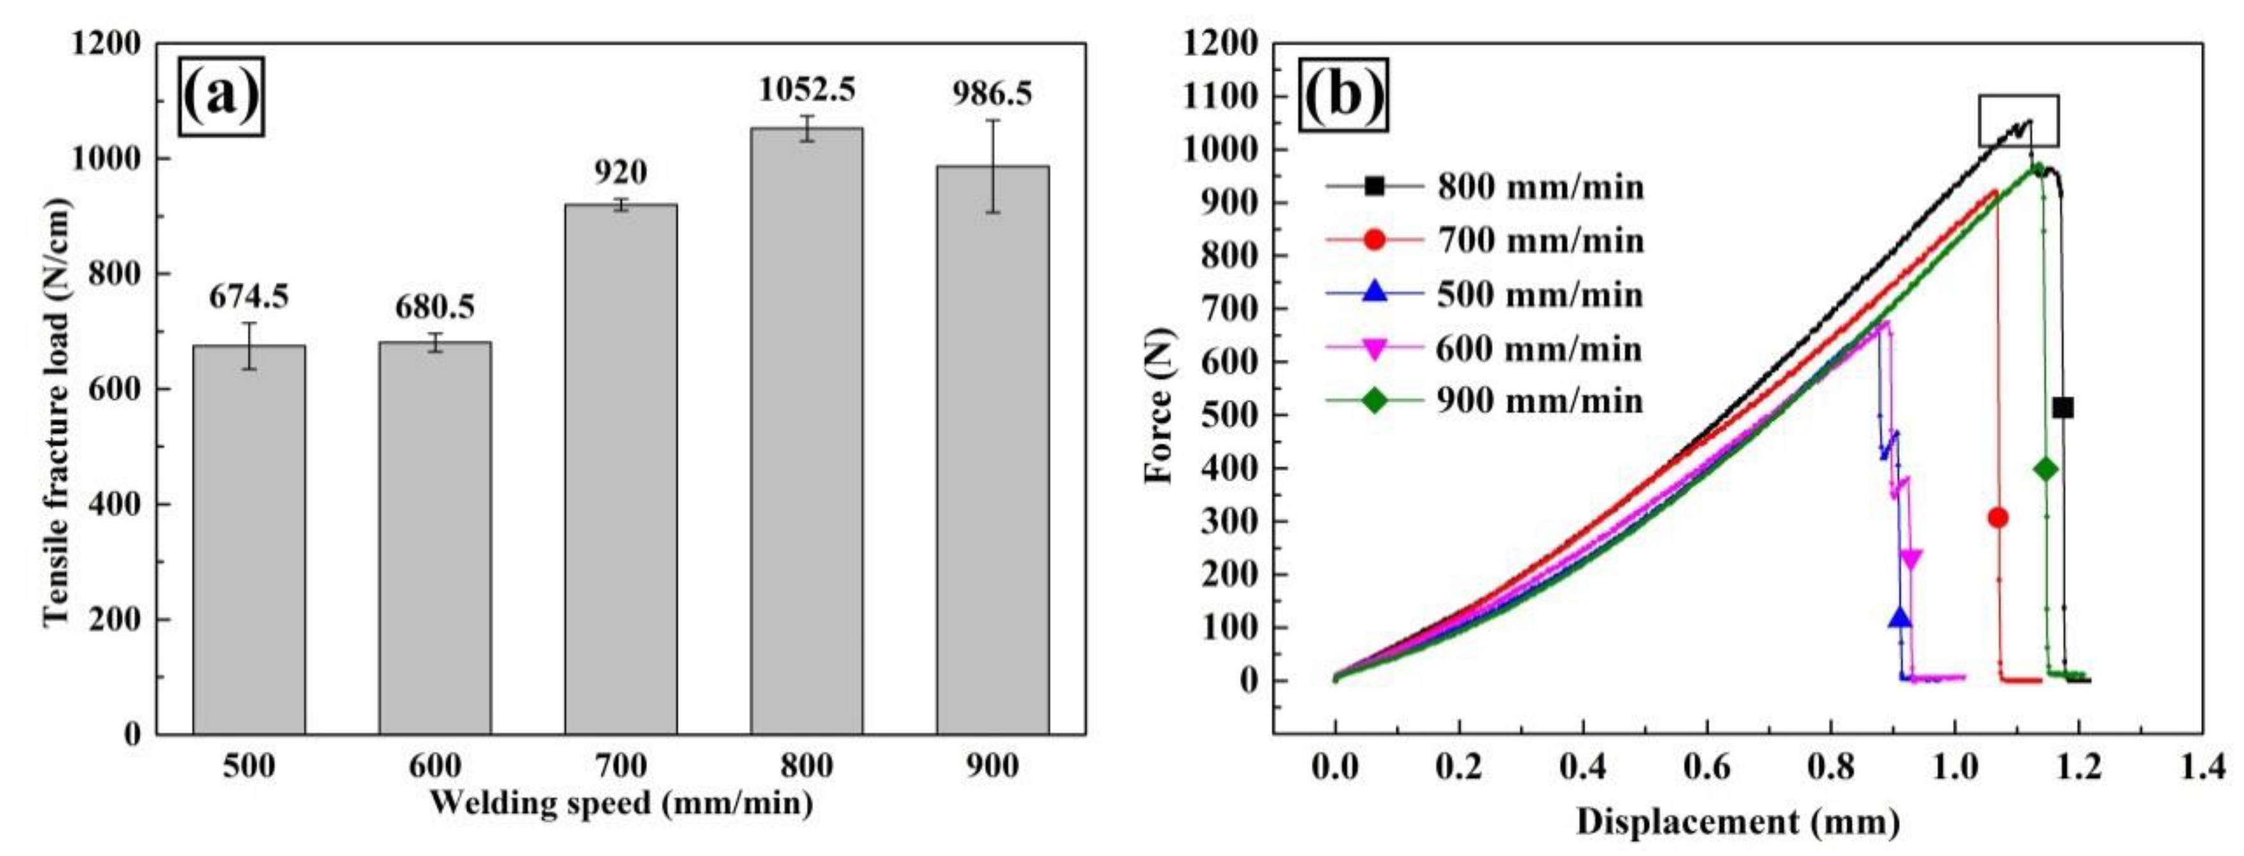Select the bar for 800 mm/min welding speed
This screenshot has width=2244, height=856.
pyautogui.click(x=807, y=431)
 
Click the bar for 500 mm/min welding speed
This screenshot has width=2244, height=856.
pyautogui.click(x=249, y=540)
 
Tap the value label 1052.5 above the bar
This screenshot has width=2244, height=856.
pyautogui.click(x=807, y=90)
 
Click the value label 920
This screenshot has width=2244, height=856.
pyautogui.click(x=620, y=172)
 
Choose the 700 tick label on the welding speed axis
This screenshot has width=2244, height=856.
pyautogui.click(x=620, y=766)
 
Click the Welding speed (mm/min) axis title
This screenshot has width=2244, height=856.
pyautogui.click(x=620, y=802)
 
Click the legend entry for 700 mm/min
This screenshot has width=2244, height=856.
pyautogui.click(x=1485, y=240)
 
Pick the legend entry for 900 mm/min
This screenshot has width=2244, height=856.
pyautogui.click(x=1485, y=400)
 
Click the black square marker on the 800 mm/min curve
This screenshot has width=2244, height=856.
pyautogui.click(x=2062, y=407)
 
